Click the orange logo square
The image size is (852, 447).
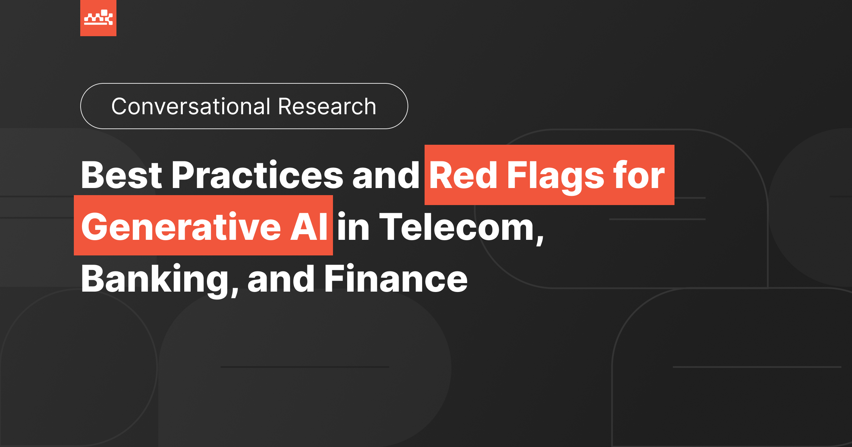(x=98, y=18)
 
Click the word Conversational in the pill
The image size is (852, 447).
(x=191, y=106)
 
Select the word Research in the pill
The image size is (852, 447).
(x=327, y=106)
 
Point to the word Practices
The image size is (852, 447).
(x=257, y=175)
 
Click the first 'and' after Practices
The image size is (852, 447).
(x=386, y=175)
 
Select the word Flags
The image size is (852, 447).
(x=556, y=176)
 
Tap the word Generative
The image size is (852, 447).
(x=181, y=227)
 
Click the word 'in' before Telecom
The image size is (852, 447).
(x=353, y=227)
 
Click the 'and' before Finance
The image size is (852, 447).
(x=281, y=280)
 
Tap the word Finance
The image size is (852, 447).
(x=396, y=280)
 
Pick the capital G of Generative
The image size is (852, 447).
(x=94, y=227)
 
